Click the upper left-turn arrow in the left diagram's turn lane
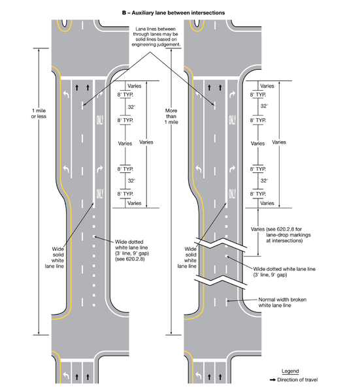tap(65, 95)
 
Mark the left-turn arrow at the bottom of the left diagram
tap(64, 377)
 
